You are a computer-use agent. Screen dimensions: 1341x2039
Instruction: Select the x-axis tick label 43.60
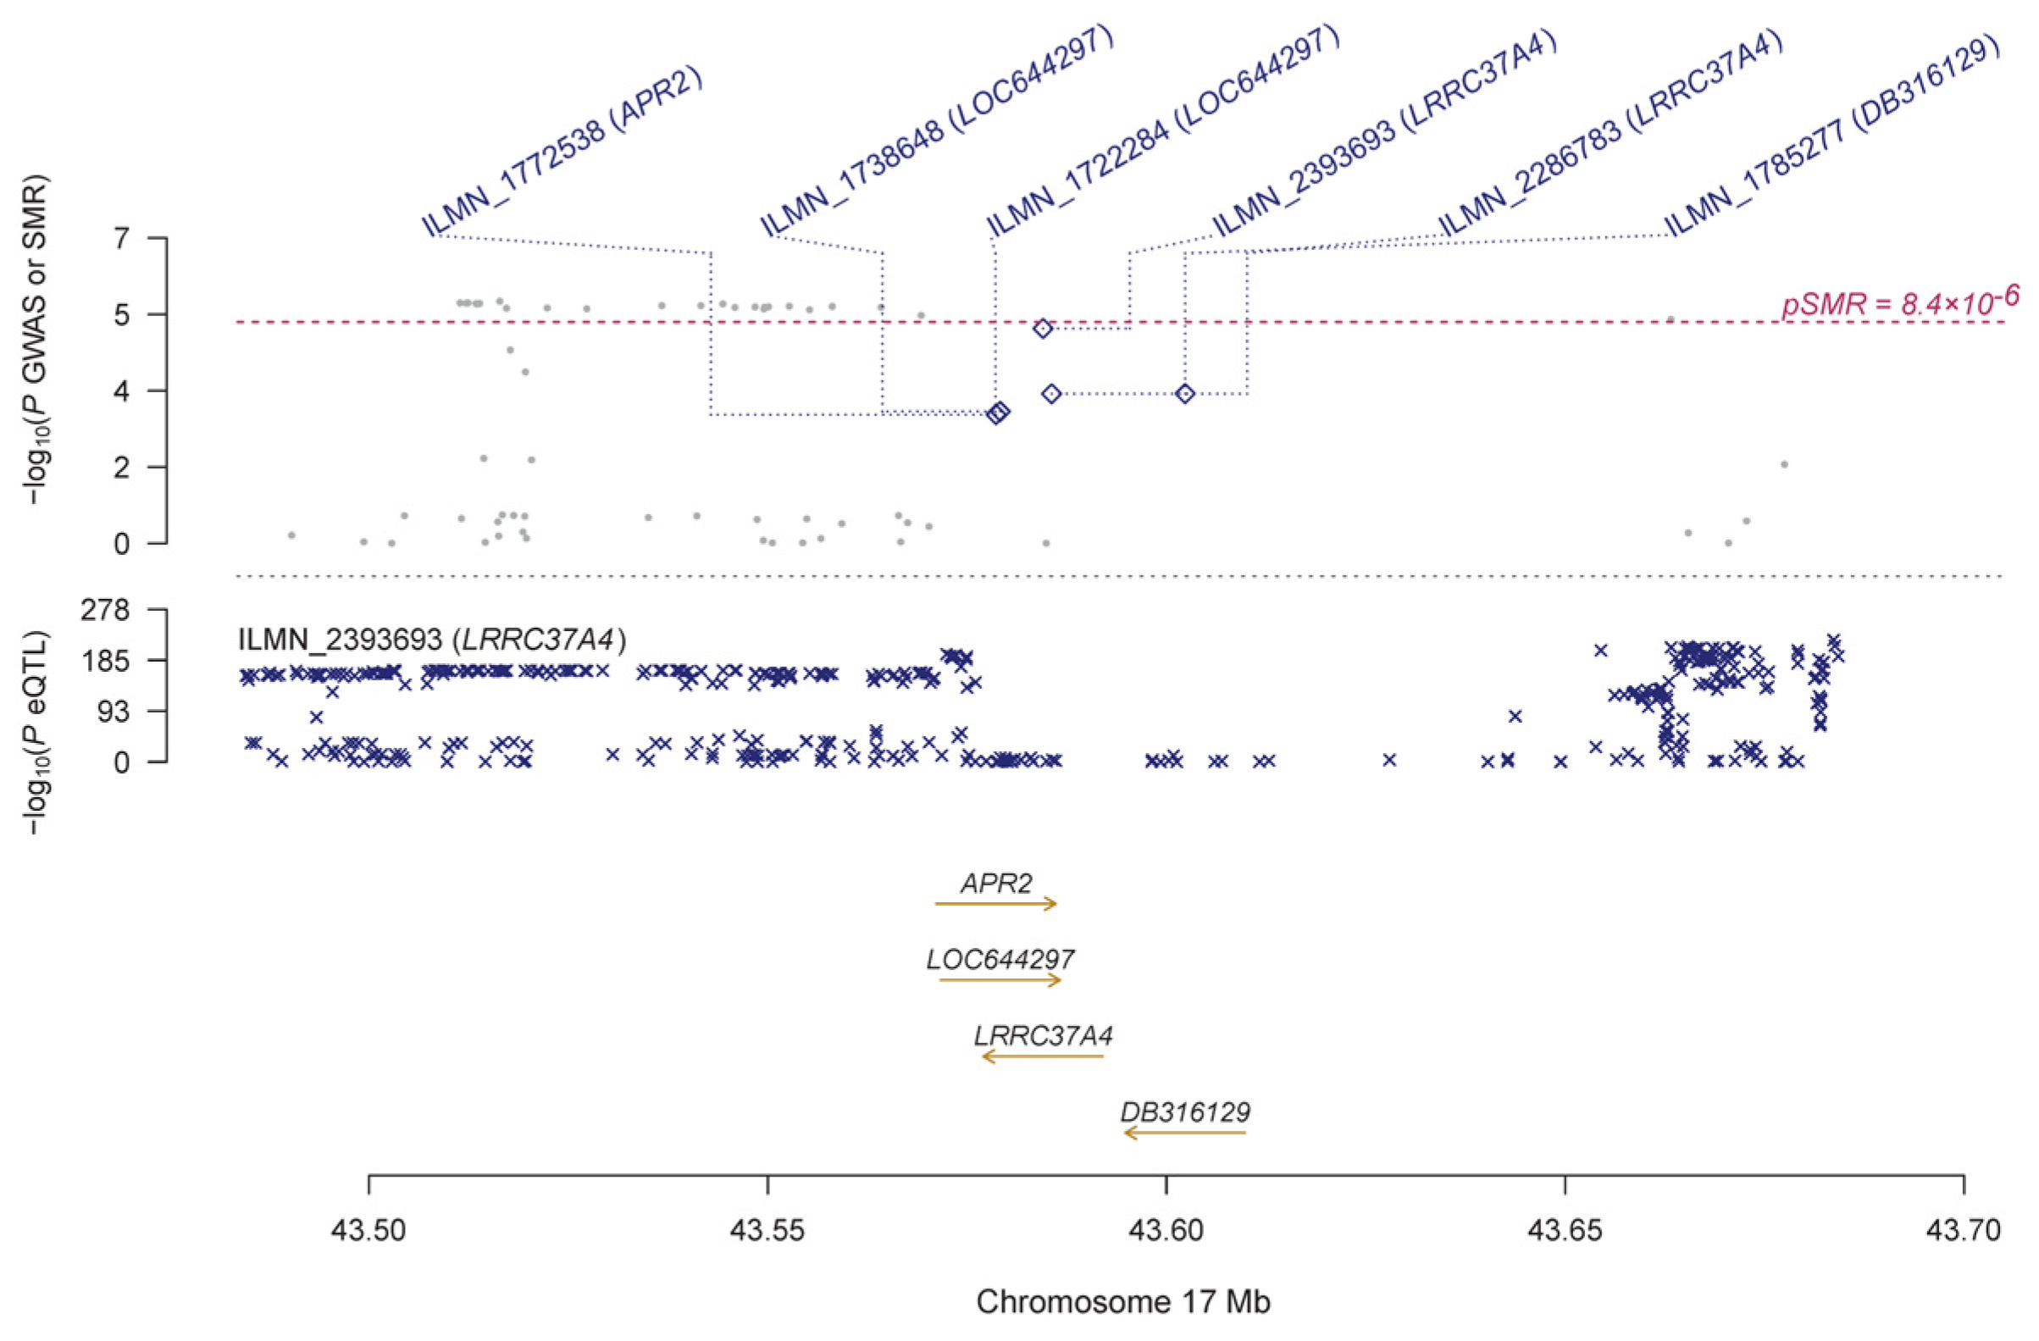tap(1166, 1233)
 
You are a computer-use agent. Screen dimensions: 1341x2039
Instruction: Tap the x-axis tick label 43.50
tap(368, 1233)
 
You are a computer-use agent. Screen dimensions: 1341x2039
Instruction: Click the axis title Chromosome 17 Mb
tap(1123, 1301)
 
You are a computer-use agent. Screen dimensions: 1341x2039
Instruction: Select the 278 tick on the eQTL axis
tap(103, 610)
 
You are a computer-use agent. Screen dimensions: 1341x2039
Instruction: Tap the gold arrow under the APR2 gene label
tap(996, 903)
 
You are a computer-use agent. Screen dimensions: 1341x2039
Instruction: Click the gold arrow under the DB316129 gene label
tap(1185, 1133)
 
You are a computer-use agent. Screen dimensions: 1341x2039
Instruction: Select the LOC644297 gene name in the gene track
tap(1000, 959)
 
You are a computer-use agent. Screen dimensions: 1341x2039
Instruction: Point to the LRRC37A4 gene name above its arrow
tap(1043, 1036)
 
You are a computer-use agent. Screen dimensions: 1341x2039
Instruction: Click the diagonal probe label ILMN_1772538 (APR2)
tap(562, 152)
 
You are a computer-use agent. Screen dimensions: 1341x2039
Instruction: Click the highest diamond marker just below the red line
tap(1043, 329)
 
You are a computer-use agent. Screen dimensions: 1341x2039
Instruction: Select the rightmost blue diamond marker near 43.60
tap(1185, 393)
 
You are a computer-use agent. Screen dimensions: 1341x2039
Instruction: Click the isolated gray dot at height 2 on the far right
tap(1784, 464)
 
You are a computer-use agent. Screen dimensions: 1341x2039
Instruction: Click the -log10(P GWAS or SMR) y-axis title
tap(36, 340)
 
